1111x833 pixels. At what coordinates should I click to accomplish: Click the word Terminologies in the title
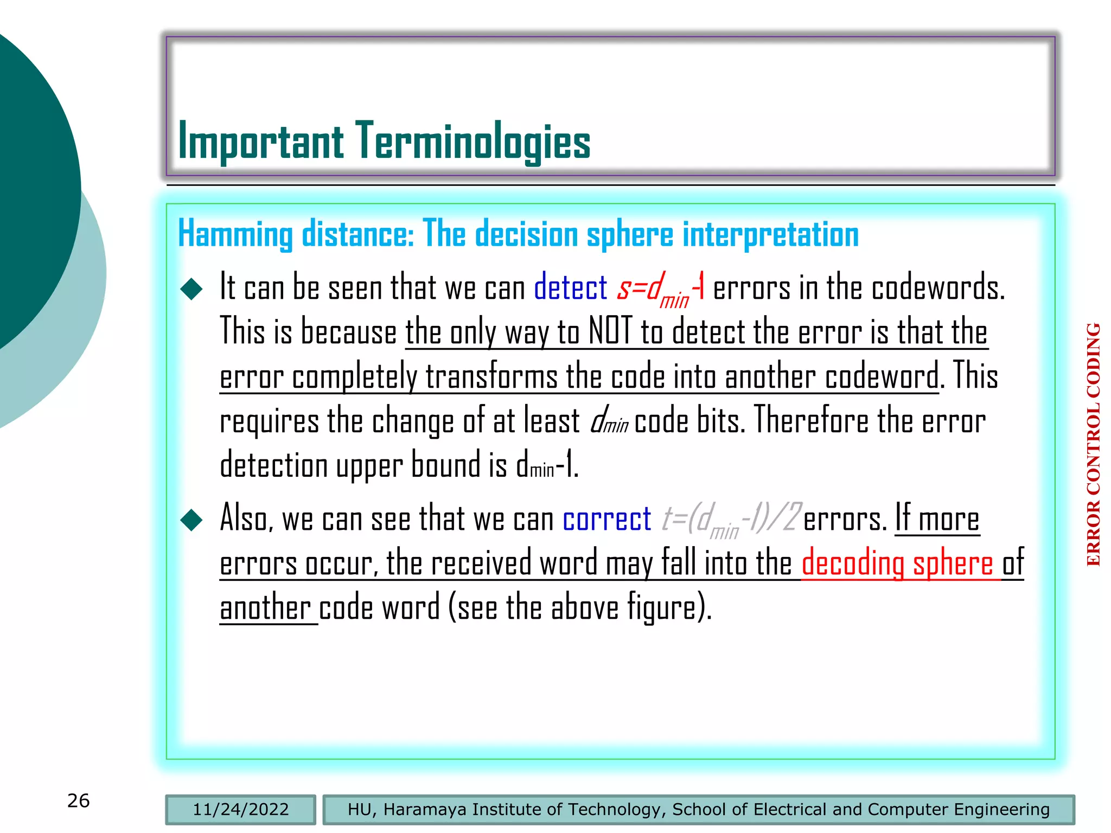473,142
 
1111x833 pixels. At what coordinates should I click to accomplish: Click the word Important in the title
260,142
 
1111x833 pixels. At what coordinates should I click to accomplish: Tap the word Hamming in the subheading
235,235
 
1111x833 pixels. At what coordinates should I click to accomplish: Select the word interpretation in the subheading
770,235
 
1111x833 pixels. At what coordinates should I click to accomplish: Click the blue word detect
570,287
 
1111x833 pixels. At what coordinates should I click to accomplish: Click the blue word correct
606,520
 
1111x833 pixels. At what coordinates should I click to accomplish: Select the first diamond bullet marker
191,289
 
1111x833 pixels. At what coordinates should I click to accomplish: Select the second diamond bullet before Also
191,520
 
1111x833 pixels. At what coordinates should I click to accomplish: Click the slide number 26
79,800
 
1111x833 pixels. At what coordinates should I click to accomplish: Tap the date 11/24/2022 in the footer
241,809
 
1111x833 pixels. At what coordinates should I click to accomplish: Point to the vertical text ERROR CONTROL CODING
1094,445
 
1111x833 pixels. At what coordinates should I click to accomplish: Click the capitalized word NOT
611,332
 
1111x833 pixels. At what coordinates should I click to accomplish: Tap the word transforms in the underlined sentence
491,376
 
